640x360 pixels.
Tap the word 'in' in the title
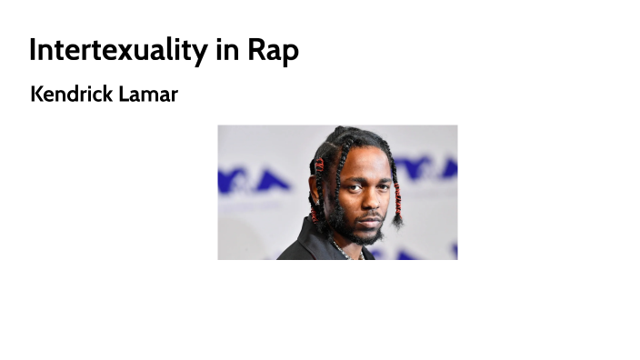coord(227,50)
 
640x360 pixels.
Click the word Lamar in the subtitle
coord(148,94)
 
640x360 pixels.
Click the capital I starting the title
coord(34,50)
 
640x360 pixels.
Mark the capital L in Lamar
coord(125,94)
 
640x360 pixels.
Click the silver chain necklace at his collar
coord(340,248)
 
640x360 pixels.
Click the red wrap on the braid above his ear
coord(319,166)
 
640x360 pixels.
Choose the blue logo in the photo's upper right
coord(425,168)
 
